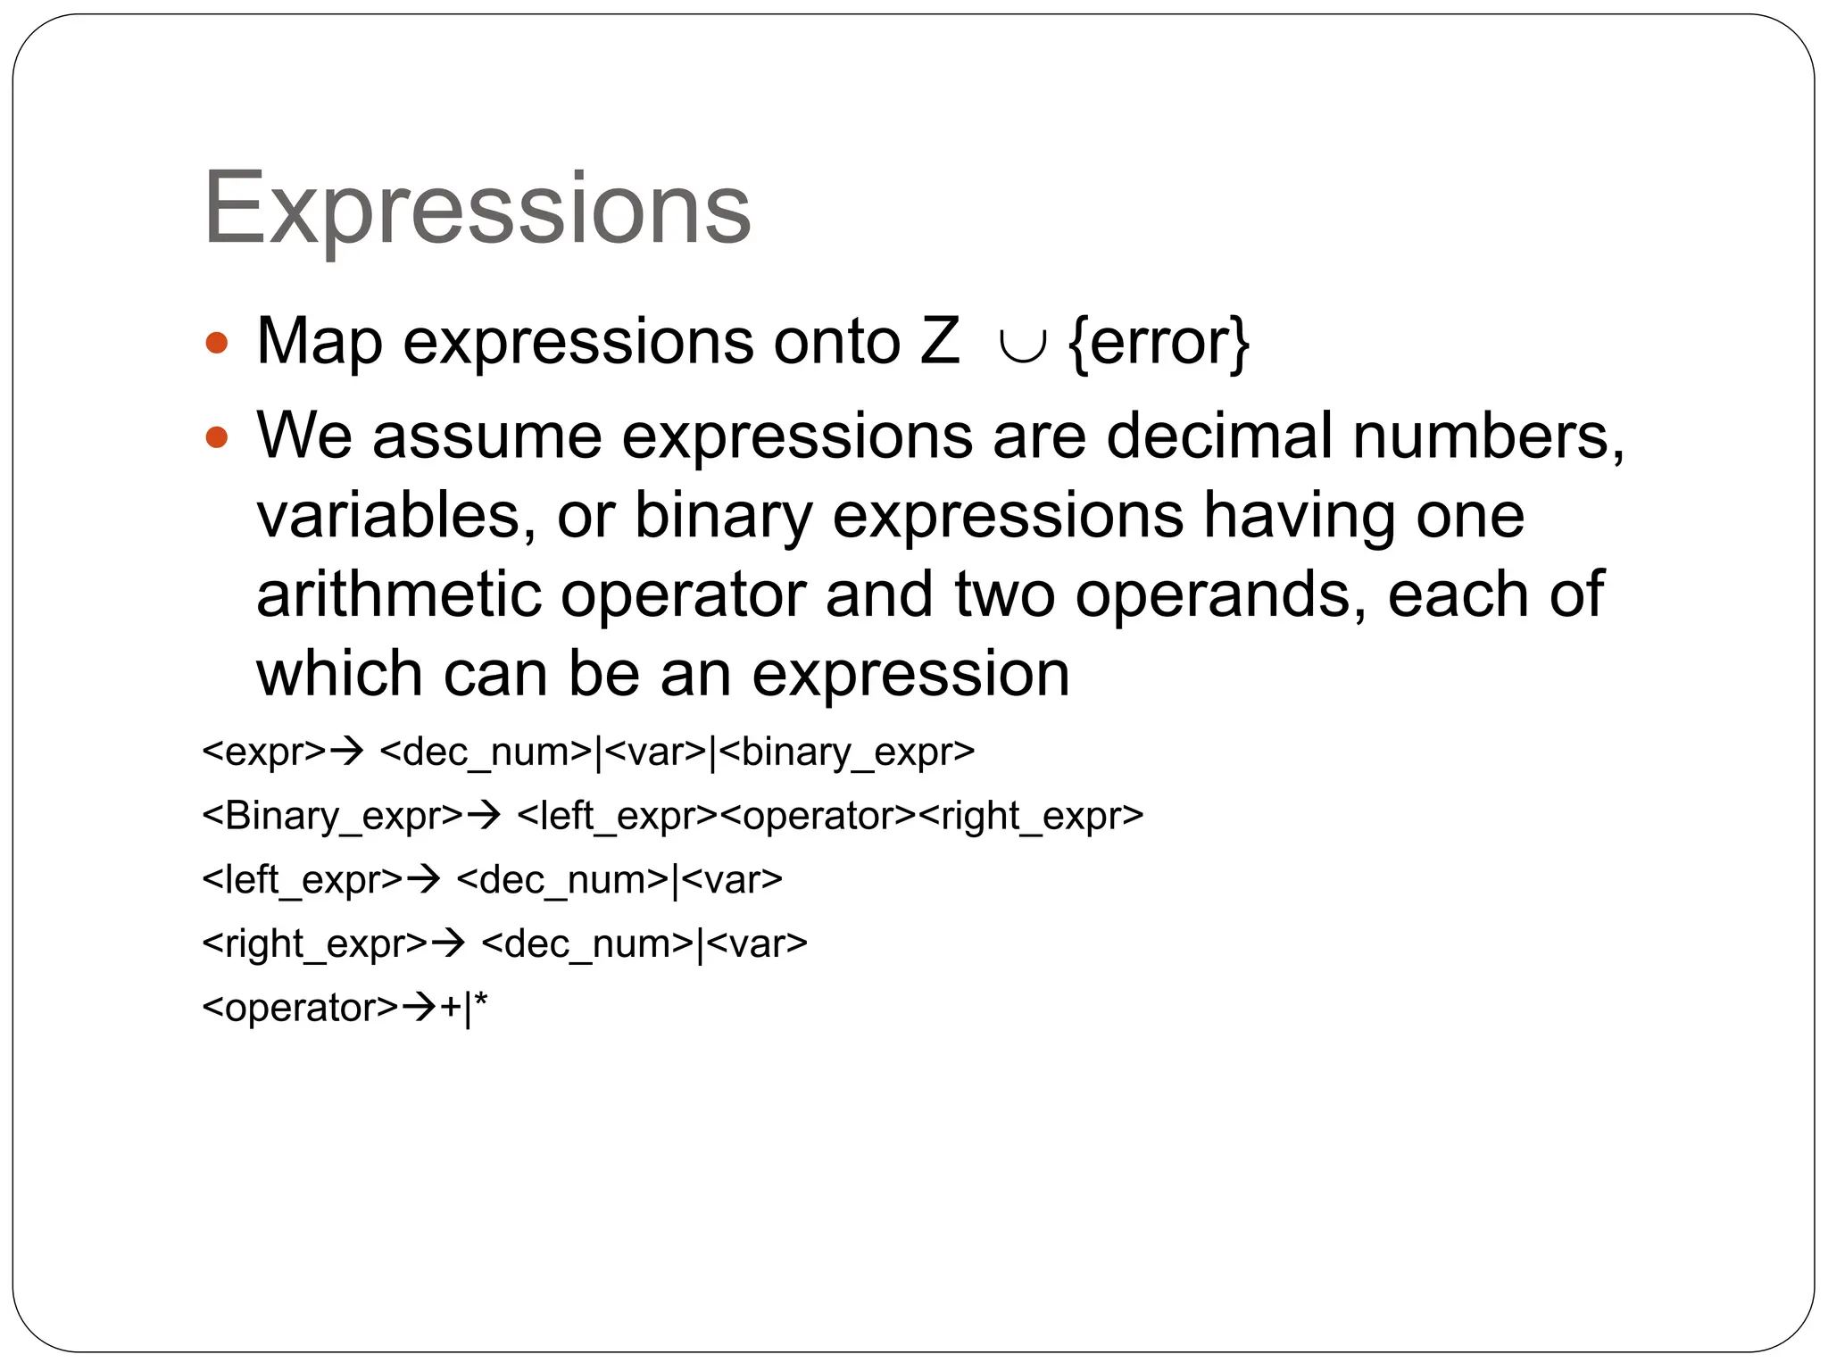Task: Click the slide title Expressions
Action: pos(478,209)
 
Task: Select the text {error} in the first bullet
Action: pos(1159,343)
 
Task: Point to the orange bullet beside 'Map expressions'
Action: pos(217,343)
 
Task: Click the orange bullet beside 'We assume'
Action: pos(217,437)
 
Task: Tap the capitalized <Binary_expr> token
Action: pos(333,816)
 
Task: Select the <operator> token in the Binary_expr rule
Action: pos(818,816)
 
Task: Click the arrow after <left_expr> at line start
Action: pos(424,879)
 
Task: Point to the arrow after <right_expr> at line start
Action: pos(449,943)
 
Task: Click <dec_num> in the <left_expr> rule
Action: pos(562,880)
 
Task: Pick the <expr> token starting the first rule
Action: pos(264,752)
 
